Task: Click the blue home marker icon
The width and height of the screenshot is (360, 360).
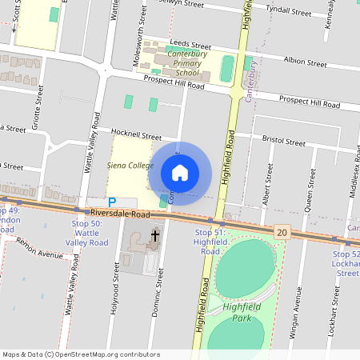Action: point(180,173)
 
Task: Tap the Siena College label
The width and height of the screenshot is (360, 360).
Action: point(130,166)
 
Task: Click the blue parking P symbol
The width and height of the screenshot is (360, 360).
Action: point(112,203)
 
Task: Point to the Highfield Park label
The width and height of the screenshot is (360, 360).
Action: point(243,312)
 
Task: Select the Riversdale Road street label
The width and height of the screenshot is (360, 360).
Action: point(120,214)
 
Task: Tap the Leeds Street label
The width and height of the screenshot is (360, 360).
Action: point(190,46)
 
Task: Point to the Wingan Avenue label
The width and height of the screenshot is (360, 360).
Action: point(297,304)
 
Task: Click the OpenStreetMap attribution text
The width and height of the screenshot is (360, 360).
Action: point(80,354)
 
